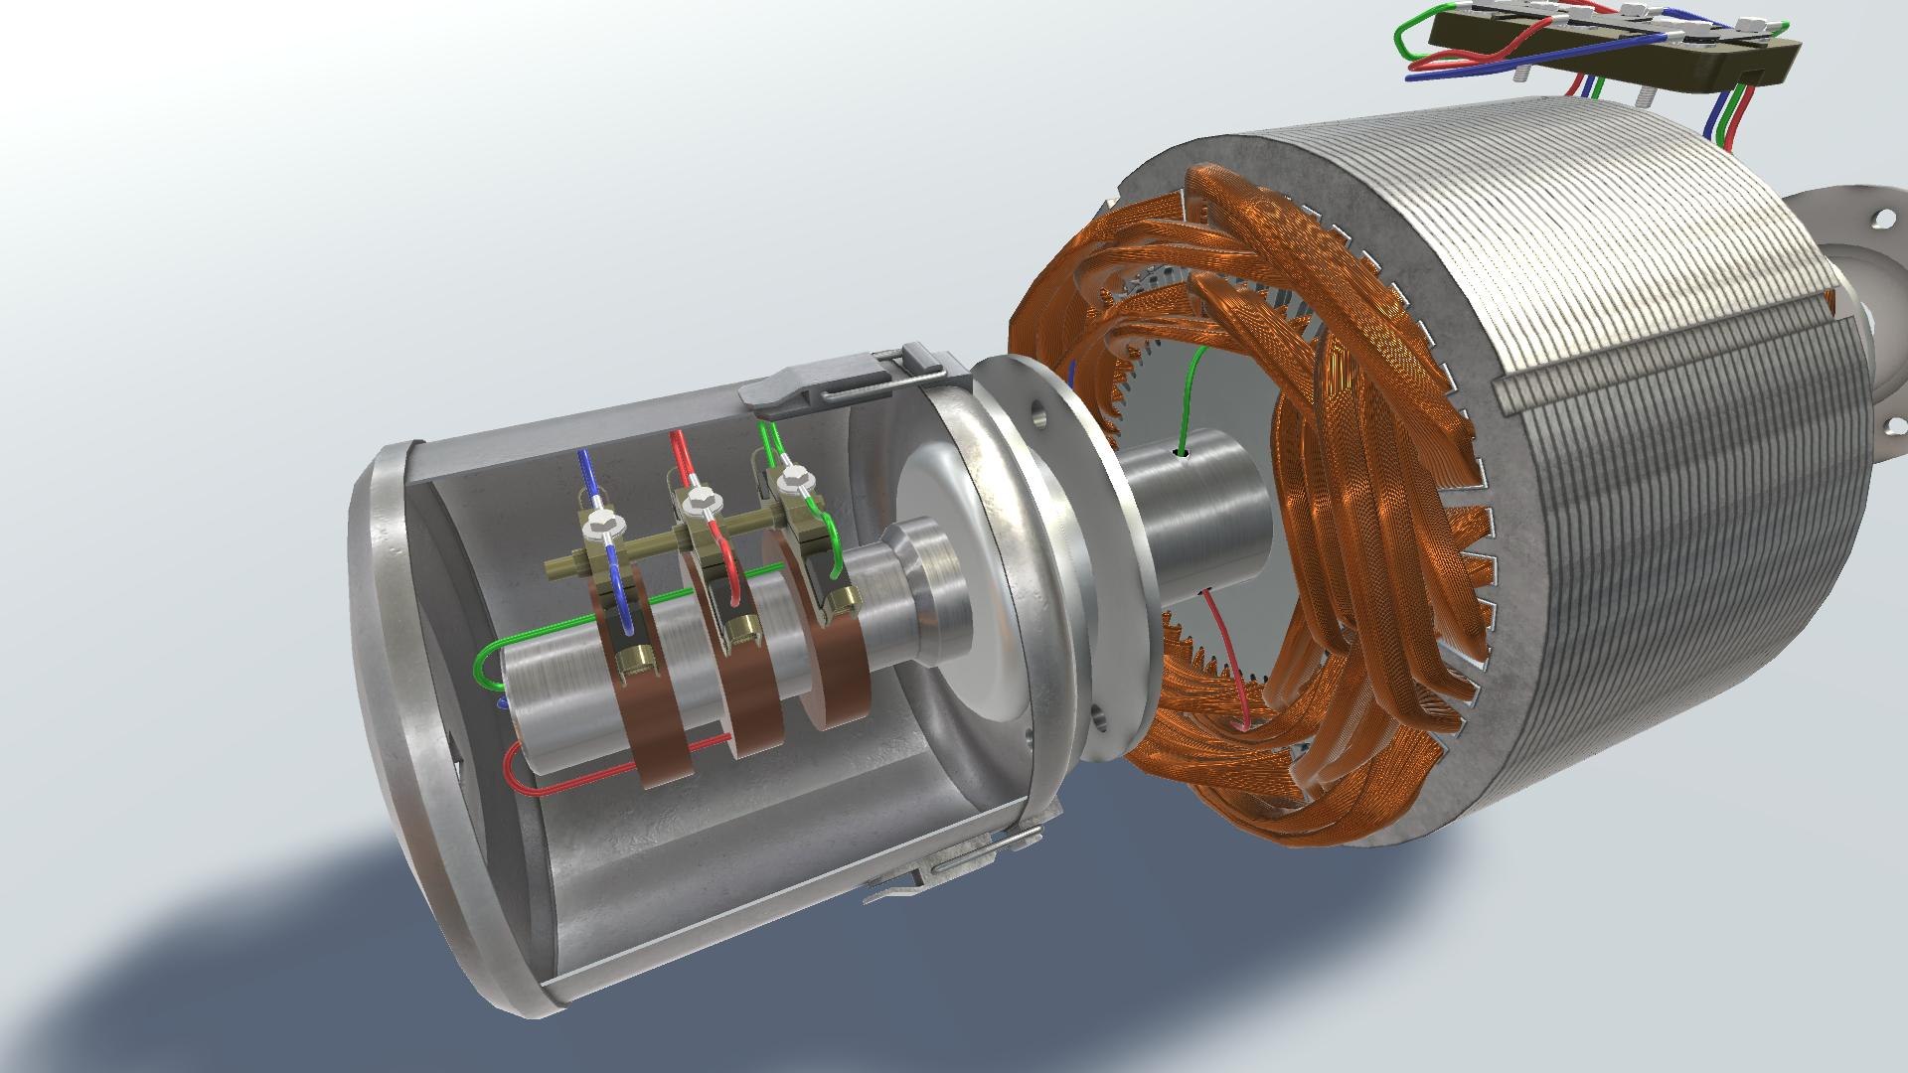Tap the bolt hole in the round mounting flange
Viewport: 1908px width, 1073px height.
click(x=1037, y=409)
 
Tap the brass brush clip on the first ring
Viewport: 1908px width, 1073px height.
click(x=633, y=659)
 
